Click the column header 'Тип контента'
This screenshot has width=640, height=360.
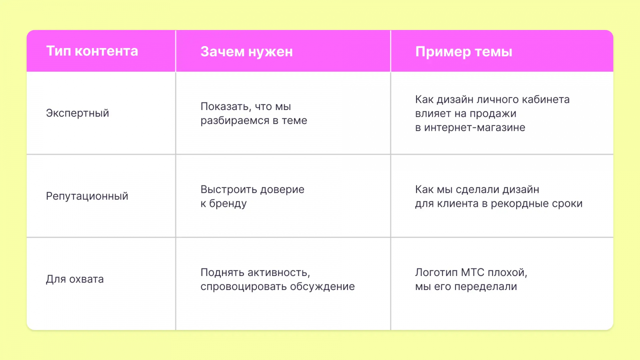[x=92, y=51]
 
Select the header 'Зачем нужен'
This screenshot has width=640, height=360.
[x=246, y=52]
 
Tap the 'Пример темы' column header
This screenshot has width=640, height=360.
[x=464, y=52]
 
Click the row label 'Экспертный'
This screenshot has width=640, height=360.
[x=78, y=113]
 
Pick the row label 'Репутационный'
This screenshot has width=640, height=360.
[x=87, y=196]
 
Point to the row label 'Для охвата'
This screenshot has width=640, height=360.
[x=75, y=279]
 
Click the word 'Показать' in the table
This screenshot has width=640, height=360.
[x=226, y=106]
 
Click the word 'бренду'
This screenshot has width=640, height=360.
[x=228, y=204]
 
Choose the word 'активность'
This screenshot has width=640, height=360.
[x=278, y=272]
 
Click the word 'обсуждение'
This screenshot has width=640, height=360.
[x=322, y=286]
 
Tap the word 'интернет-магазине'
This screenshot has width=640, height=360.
[x=474, y=128]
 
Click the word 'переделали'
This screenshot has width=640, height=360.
[x=486, y=286]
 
